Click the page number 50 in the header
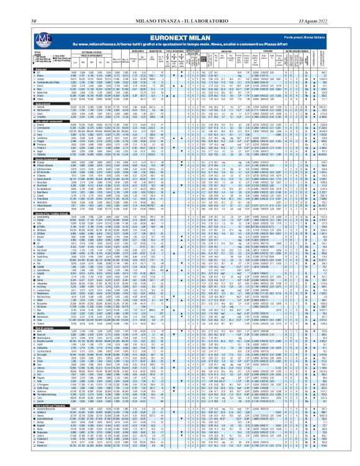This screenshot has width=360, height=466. point(32,5)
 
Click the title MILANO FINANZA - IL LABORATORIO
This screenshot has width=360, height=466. point(179,5)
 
